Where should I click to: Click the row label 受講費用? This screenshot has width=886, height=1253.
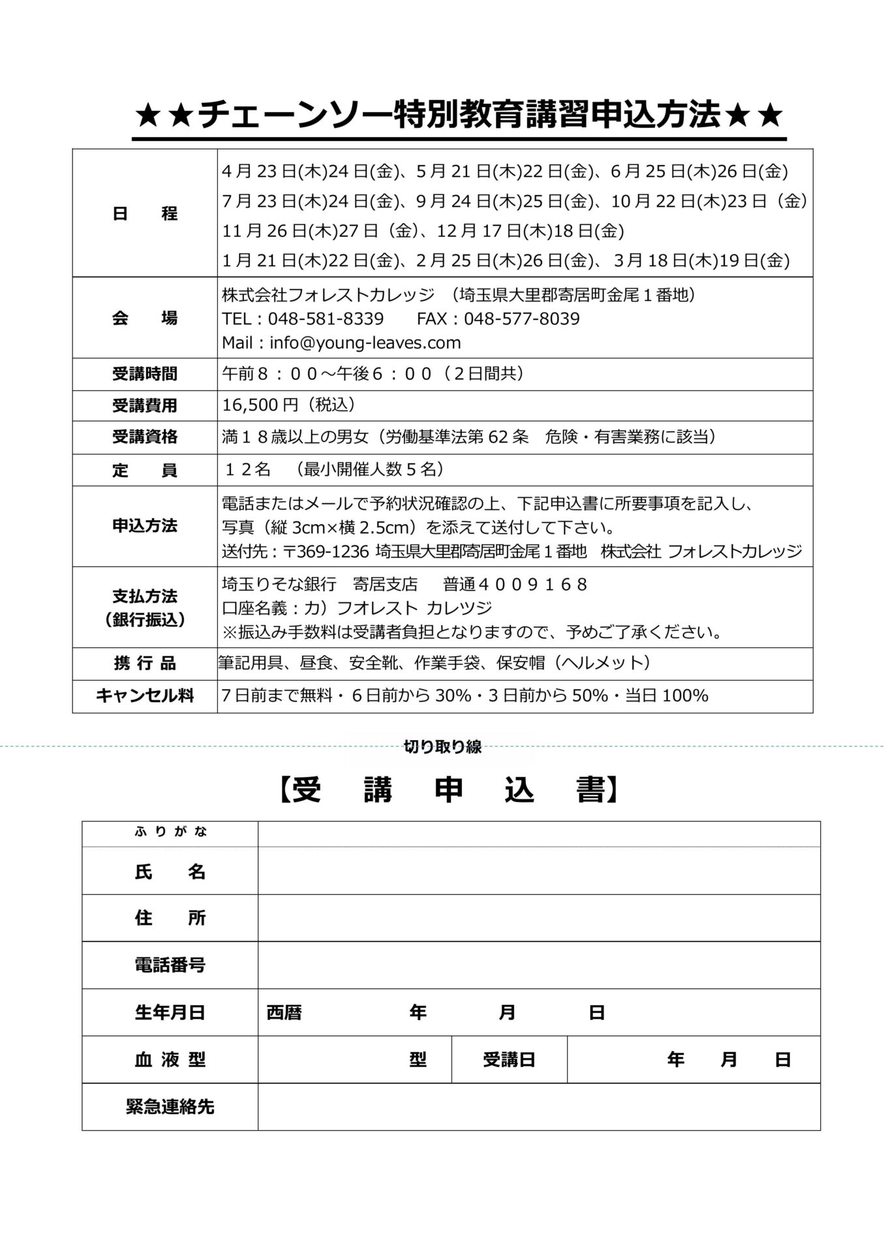coord(144,405)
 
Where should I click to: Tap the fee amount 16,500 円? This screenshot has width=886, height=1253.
coord(260,405)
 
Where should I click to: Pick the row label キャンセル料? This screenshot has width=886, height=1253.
coord(144,696)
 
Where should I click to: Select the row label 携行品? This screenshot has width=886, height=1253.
coord(144,664)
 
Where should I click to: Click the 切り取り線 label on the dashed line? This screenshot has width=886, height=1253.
coord(442,747)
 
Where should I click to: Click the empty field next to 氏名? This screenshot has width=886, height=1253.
coord(538,871)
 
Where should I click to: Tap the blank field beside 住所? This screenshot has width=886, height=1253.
coord(538,918)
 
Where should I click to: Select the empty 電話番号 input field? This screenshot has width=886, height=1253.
coord(538,965)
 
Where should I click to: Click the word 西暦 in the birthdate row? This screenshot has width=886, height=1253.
coord(284,1012)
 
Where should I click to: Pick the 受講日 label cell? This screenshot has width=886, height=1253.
coord(509,1060)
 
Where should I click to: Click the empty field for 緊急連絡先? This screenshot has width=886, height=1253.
coord(538,1107)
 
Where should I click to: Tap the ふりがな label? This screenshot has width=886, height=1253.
coord(170,832)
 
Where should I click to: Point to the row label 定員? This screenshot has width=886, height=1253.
coord(144,470)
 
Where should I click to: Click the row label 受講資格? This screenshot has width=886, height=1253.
coord(144,437)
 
